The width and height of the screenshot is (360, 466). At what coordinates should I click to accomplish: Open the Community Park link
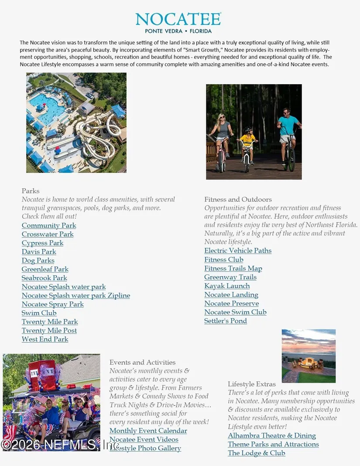click(x=49, y=226)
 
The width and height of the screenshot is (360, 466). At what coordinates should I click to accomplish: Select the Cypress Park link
click(x=42, y=243)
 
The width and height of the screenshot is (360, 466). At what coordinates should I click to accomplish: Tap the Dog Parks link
click(x=38, y=260)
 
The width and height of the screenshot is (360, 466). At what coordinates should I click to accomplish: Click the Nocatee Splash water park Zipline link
click(x=76, y=295)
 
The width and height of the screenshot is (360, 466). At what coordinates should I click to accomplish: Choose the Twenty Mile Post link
click(x=49, y=330)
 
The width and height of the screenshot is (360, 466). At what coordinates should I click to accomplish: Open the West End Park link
click(x=45, y=339)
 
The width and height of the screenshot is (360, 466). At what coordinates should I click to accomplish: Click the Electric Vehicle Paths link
click(x=238, y=250)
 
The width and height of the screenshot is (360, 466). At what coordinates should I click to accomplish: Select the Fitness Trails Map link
click(x=233, y=268)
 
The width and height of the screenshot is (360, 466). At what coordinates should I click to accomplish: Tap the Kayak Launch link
click(x=227, y=286)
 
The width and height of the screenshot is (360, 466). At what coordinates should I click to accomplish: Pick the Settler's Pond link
click(x=226, y=321)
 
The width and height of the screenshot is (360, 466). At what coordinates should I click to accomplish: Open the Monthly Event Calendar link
click(x=148, y=431)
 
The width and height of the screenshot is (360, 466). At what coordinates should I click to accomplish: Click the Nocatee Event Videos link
click(x=144, y=439)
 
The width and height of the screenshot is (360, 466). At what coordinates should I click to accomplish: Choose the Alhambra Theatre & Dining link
click(x=272, y=435)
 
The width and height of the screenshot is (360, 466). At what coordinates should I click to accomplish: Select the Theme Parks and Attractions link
click(x=273, y=444)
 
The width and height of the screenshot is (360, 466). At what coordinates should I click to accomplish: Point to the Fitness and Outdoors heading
click(x=238, y=199)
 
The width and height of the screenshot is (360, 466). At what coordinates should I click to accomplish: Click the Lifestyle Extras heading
click(x=252, y=384)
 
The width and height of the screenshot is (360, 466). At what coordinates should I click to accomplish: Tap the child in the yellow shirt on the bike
click(x=248, y=144)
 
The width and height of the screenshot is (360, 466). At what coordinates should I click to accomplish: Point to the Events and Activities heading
click(x=142, y=362)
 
